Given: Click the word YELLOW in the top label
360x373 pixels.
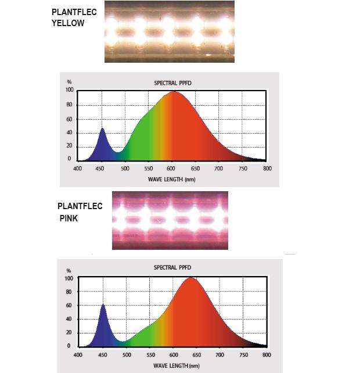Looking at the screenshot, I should pos(68,23).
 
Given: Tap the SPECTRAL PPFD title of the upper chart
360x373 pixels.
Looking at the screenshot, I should pos(172,83).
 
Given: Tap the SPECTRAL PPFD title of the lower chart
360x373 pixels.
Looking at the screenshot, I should pos(172,268).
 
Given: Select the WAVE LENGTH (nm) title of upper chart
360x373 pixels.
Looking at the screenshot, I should pos(173,179).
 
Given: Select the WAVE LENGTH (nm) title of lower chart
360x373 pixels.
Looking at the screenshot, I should pos(172,365).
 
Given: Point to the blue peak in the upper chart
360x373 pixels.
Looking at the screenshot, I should pos(103,129).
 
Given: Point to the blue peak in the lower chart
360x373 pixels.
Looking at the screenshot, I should pos(103,305).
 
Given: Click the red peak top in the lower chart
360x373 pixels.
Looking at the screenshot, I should pos(190,278).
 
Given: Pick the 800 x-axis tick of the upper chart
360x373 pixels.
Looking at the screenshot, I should pos(267,168).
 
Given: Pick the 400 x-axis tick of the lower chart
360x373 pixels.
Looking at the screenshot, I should pos(78,354).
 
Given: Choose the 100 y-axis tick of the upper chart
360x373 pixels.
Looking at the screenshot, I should pos(69,90).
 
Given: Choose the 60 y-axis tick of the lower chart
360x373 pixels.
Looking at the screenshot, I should pos(69,306).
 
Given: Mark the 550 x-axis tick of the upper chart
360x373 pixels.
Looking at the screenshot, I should pos(149,168).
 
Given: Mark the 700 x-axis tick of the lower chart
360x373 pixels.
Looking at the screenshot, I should pos(220,354).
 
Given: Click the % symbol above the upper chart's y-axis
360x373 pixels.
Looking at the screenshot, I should pos(69,82).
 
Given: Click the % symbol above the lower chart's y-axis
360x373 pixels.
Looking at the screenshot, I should pos(69,271).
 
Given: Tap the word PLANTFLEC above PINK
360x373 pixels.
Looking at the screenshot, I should pos(80,206).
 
